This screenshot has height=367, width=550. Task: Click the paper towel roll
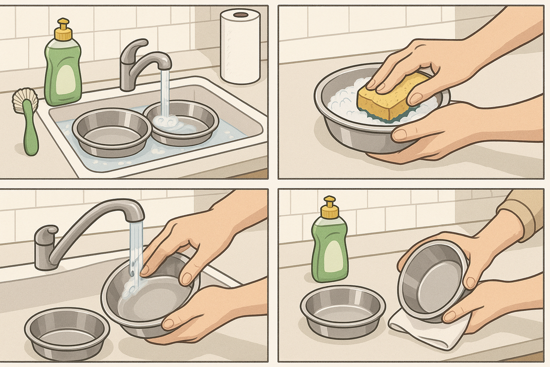(240, 48)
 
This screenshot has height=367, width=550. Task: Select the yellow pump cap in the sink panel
(63, 32)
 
